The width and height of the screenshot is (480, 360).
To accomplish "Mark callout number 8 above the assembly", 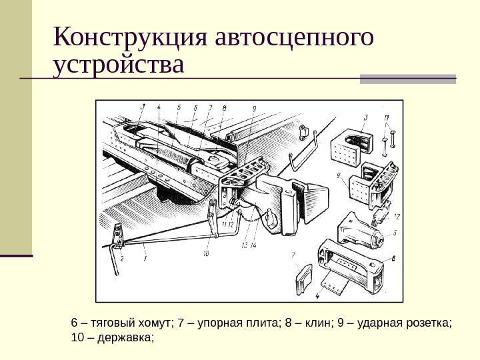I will (224, 107).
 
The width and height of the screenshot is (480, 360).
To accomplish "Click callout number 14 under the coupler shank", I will (253, 245).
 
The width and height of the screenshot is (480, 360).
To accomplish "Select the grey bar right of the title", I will (408, 78).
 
